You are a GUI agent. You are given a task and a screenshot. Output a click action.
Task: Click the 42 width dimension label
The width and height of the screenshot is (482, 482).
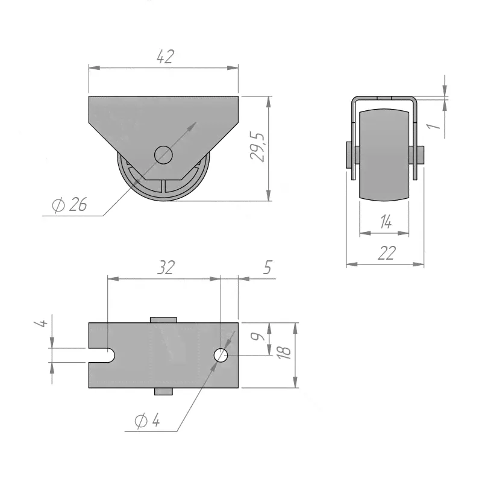click(165, 57)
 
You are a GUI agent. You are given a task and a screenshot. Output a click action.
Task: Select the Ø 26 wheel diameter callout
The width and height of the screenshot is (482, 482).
click(69, 204)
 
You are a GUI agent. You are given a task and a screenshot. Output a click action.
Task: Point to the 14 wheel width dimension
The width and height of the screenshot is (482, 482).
click(386, 222)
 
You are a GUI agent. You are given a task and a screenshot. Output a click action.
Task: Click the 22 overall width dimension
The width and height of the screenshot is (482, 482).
click(386, 253)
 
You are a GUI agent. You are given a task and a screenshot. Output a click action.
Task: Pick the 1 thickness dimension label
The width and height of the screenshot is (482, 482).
click(434, 126)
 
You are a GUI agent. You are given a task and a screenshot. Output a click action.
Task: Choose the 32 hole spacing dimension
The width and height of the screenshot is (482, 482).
click(166, 268)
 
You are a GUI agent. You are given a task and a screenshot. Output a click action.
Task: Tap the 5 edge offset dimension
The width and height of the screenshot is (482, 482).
click(268, 268)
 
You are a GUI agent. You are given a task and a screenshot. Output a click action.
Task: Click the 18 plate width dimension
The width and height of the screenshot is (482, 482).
click(283, 352)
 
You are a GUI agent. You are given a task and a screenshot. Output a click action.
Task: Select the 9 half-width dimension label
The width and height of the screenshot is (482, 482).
click(258, 336)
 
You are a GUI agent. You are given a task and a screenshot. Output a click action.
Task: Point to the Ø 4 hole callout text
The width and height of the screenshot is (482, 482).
click(147, 420)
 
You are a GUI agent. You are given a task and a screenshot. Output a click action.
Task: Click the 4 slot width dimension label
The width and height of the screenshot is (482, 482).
click(41, 323)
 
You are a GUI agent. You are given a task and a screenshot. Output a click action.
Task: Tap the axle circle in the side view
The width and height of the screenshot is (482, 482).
click(163, 155)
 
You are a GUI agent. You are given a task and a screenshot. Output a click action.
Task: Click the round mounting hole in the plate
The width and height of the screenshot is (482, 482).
click(221, 355)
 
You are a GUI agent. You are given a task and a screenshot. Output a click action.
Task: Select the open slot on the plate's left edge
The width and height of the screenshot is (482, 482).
click(102, 355)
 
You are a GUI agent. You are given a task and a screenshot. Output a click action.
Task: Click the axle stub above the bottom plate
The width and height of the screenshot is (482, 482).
click(163, 320)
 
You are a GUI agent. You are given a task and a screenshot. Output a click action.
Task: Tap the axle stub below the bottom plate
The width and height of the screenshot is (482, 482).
click(163, 391)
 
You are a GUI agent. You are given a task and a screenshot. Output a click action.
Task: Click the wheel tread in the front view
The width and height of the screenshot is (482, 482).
click(384, 155)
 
